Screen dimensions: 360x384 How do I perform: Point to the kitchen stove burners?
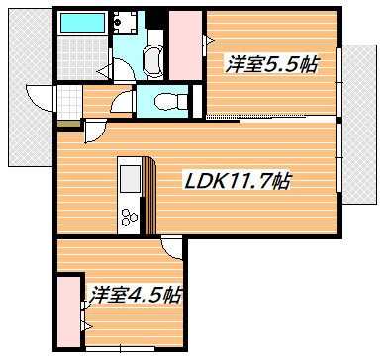(129, 212)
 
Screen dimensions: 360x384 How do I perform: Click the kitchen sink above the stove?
(129, 178)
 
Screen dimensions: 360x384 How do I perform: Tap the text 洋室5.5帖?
(271, 65)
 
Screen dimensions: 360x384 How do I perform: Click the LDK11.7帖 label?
(239, 182)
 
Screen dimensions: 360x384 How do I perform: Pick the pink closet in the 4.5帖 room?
(68, 307)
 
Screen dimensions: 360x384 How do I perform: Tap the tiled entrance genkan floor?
(67, 102)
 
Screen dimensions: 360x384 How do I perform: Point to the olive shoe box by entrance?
(65, 123)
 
